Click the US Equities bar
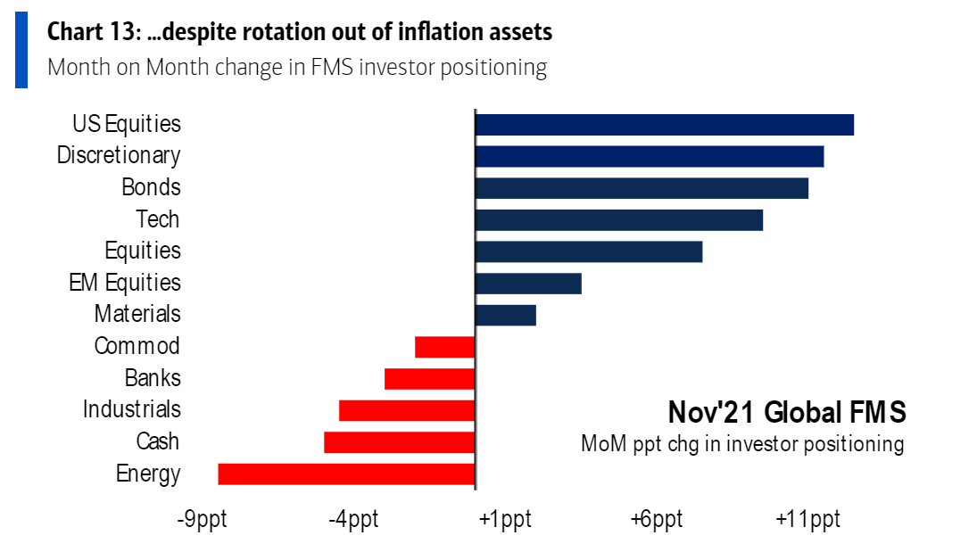[x=664, y=124]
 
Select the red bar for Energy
[x=346, y=474]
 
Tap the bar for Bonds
[x=642, y=188]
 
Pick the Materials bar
[x=506, y=315]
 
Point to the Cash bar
[x=399, y=442]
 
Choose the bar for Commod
[x=444, y=346]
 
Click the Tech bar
[x=619, y=219]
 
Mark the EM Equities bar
[x=528, y=284]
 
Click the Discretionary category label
[x=119, y=155]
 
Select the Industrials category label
[x=132, y=409]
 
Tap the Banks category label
[x=153, y=377]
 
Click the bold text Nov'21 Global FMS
[x=787, y=413]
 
